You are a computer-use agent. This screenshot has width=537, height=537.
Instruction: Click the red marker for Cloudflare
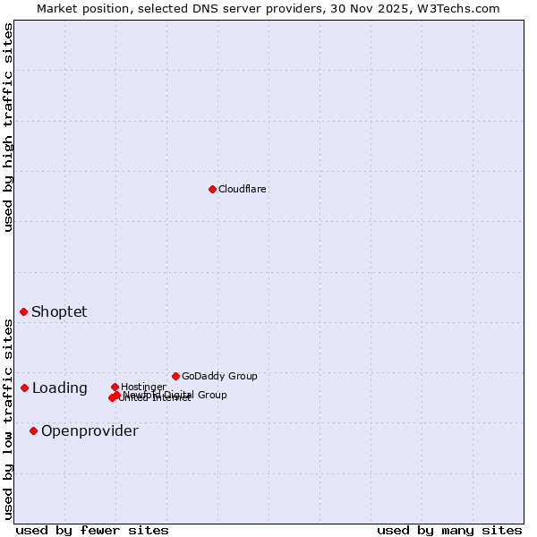[212, 189]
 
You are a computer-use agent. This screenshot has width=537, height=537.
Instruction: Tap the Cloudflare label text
[242, 189]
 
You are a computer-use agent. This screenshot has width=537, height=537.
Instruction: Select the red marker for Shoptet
[24, 311]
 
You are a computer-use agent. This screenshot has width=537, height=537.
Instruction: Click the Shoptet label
[59, 311]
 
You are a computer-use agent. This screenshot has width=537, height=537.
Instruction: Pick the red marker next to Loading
[25, 388]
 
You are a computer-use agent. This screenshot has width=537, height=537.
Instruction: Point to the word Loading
[59, 388]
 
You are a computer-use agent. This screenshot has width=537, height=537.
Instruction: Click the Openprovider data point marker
[34, 430]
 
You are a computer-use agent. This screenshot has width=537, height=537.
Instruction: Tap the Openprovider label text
[89, 430]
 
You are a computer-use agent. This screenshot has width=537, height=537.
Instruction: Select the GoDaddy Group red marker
[175, 376]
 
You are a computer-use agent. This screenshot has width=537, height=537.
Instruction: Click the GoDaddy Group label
[219, 376]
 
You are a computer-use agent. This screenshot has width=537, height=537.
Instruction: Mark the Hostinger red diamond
[115, 387]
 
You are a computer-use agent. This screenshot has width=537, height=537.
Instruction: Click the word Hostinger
[143, 387]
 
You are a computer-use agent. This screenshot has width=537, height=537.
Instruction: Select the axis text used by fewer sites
[92, 530]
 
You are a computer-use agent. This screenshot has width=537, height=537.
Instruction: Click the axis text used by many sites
[449, 530]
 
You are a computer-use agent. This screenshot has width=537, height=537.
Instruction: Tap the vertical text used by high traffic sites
[8, 127]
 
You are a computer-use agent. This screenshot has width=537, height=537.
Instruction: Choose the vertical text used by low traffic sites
[8, 419]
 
